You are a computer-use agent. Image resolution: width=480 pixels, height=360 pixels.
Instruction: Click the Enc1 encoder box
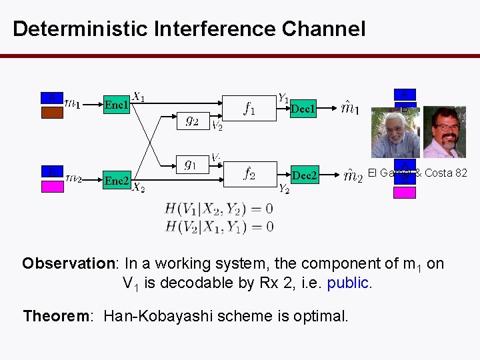117,105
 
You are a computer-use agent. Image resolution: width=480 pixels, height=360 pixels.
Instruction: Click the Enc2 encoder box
116,180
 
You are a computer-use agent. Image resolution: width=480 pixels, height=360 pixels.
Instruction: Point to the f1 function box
249,108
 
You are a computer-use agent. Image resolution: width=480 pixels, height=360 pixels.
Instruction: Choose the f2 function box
249,173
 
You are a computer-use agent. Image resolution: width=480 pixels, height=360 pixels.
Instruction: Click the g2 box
191,121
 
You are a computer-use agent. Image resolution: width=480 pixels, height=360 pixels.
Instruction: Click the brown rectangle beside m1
53,111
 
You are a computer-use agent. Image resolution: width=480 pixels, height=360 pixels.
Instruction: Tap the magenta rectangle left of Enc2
53,186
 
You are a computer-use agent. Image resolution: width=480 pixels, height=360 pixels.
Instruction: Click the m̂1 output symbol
350,107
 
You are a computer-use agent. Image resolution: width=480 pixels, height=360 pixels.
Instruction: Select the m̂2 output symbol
352,175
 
